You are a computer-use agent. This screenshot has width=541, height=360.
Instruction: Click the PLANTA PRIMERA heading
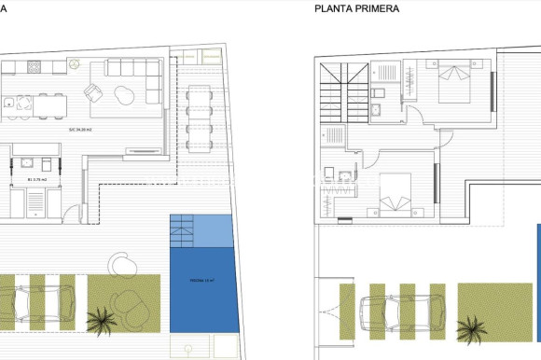[x=357, y=8]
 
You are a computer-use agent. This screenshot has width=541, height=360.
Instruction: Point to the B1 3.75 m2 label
[x=38, y=177]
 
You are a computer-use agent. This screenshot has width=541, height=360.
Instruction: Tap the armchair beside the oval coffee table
[x=92, y=92]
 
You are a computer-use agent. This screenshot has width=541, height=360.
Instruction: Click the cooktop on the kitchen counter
[x=35, y=66]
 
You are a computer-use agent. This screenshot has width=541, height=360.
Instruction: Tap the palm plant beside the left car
[x=101, y=320]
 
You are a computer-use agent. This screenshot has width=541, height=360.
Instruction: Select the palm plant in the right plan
[x=473, y=329]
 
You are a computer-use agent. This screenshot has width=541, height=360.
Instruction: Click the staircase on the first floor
[x=340, y=89]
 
